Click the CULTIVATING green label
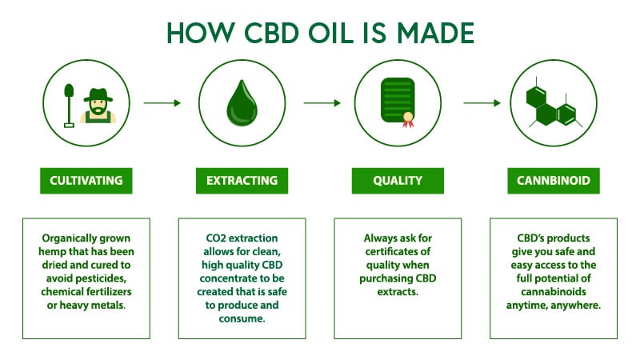[x=86, y=181]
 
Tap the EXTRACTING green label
[x=242, y=181]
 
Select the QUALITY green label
[x=398, y=181]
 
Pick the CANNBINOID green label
[x=554, y=181]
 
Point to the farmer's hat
[x=98, y=95]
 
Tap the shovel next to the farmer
[x=69, y=106]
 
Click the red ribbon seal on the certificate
[x=408, y=120]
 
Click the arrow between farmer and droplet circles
[x=162, y=103]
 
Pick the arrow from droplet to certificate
[x=322, y=103]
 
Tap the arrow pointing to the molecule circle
[x=482, y=103]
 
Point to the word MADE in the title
[x=435, y=33]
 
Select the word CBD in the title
[x=271, y=33]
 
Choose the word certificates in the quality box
[x=398, y=251]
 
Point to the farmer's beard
[x=98, y=110]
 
